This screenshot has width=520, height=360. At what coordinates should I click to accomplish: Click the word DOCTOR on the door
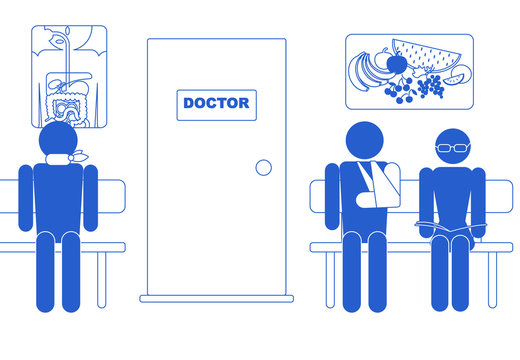click(x=216, y=104)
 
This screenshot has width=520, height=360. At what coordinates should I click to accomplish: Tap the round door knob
click(x=263, y=167)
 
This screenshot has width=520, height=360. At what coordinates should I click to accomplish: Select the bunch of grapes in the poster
click(x=430, y=89)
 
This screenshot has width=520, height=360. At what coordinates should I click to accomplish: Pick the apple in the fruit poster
click(x=397, y=64)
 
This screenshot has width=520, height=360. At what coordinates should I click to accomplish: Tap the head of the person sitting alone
click(x=62, y=142)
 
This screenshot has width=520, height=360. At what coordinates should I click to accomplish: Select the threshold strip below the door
click(x=217, y=298)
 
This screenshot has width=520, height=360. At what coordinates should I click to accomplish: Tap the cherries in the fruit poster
click(x=401, y=93)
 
